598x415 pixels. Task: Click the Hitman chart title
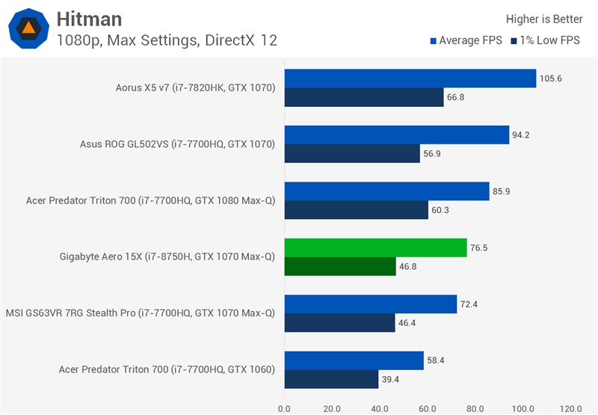coord(89,19)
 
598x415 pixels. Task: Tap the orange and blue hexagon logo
coord(29,28)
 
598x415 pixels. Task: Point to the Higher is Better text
coord(544,19)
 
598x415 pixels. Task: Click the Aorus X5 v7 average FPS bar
coord(410,79)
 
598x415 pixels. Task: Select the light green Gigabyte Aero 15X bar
coord(375,248)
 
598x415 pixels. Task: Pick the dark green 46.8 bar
coord(340,266)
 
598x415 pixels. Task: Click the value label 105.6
coord(552,79)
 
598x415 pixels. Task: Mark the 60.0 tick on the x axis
coord(428,408)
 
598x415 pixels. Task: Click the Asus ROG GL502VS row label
coord(178,144)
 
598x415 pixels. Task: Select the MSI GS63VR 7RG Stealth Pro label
coord(141,313)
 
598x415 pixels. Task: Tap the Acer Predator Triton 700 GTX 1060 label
coord(167,369)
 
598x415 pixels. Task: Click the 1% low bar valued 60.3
coord(356,210)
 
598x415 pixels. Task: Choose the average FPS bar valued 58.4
coord(354,360)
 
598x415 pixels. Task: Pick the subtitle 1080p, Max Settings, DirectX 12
coord(167,40)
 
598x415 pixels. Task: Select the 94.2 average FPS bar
coord(396,135)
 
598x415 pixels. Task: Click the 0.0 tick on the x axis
coord(284,408)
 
